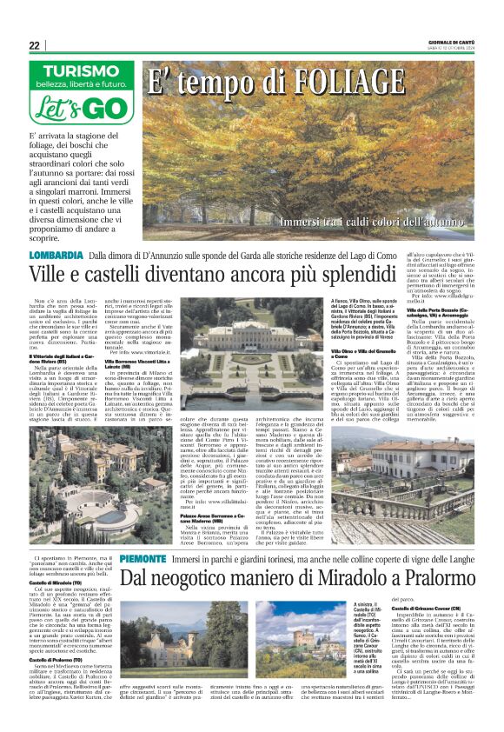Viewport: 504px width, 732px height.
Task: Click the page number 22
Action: [x=34, y=46]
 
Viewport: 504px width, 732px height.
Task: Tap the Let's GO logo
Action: [x=80, y=110]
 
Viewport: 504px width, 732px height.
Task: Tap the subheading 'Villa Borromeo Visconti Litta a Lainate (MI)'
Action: [x=139, y=362]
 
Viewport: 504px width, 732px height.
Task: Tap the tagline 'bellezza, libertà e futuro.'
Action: [x=80, y=85]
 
